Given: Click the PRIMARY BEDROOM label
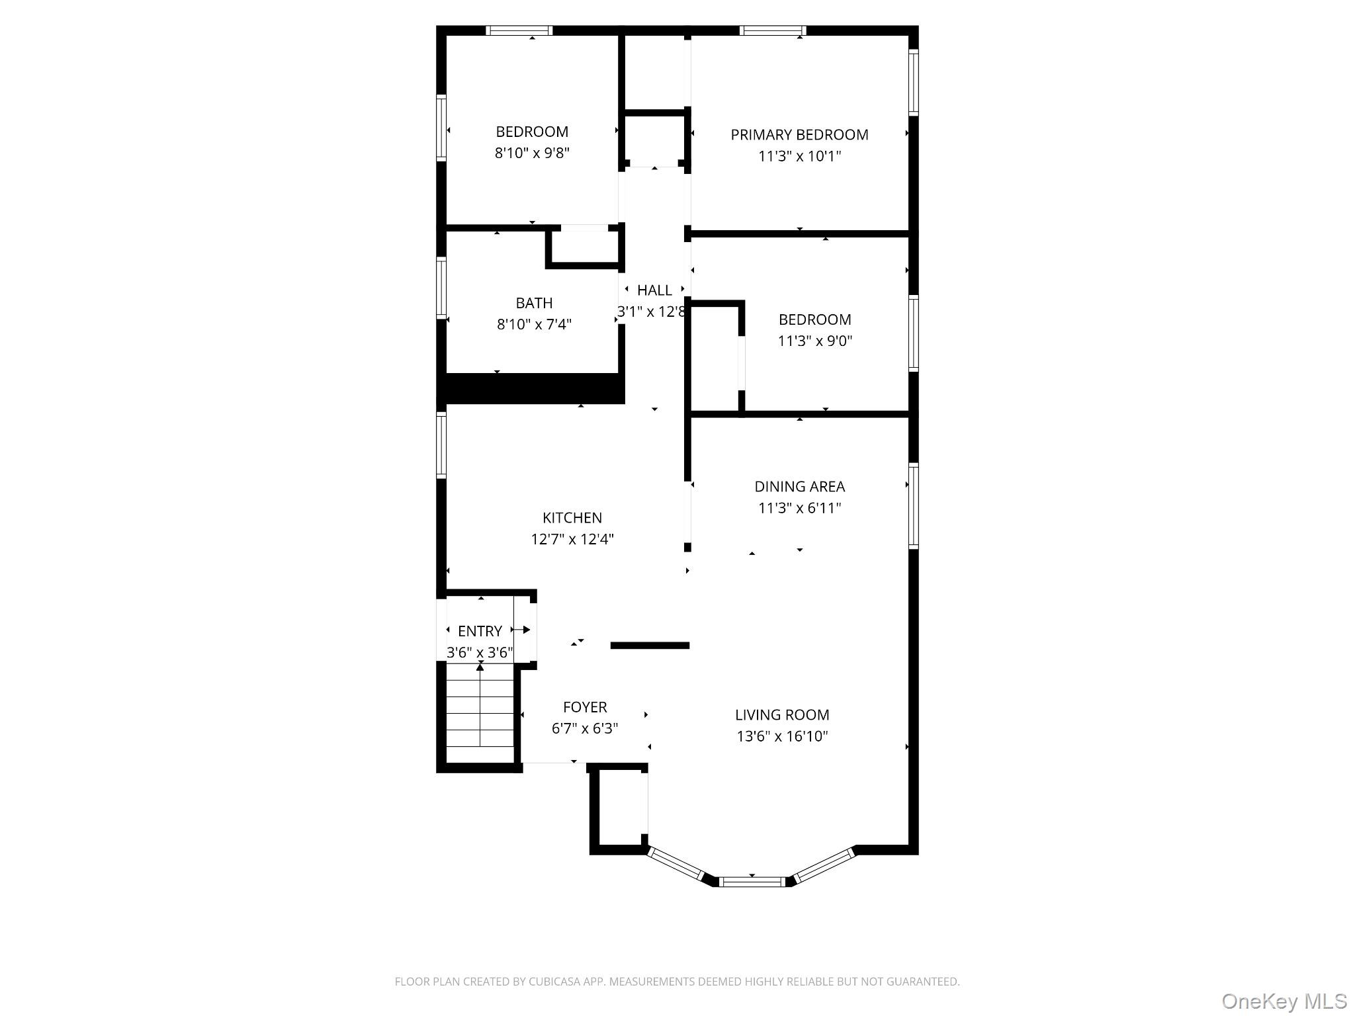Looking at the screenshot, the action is coord(799,135).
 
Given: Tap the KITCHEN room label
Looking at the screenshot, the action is coord(572,518).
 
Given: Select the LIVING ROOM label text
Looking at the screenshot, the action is coord(782,715).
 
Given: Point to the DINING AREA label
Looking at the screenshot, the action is coord(799,487).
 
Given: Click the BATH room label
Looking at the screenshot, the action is coord(534,303).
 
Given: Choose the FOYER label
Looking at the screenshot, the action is coord(585,707).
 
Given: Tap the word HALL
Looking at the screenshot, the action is coord(654,290).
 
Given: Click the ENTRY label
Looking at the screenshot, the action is coord(480,631).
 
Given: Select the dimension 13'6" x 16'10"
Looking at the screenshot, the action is coord(782,736).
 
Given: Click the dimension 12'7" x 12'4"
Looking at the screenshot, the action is coord(572,539).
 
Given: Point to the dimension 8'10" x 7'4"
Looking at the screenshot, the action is coord(534,324).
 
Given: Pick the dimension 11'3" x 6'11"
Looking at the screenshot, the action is coord(799,508).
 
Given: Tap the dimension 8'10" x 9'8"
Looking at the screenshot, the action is coord(532,153).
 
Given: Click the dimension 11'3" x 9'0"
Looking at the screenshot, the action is coord(814,341).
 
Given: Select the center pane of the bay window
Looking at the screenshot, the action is coord(752,881).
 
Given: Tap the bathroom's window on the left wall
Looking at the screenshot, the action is coord(441,288).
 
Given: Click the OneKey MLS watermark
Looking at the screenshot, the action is coord(1284,1001).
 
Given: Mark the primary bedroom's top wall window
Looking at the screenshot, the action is coord(773,30).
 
